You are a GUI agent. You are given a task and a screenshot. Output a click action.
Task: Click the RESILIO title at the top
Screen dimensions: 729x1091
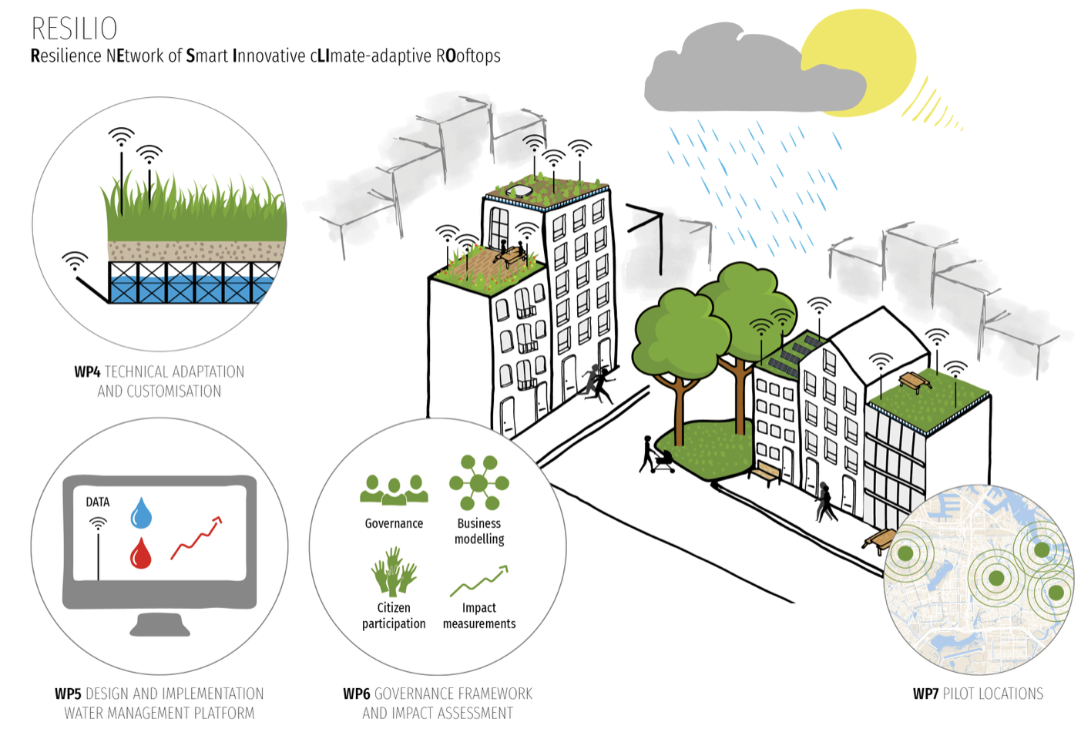pyautogui.click(x=74, y=29)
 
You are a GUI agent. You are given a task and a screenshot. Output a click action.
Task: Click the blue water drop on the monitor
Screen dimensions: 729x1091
pyautogui.click(x=141, y=513)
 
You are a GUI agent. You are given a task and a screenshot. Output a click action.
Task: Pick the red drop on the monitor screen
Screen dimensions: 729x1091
pyautogui.click(x=140, y=553)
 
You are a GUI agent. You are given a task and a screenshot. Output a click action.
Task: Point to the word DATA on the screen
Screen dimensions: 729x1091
pyautogui.click(x=97, y=502)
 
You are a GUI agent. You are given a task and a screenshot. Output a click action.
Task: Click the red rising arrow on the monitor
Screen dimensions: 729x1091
pyautogui.click(x=196, y=538)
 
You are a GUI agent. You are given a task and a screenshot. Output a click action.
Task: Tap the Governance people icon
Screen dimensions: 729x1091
pyautogui.click(x=394, y=490)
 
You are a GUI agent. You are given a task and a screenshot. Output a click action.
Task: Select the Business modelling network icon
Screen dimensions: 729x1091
pyautogui.click(x=478, y=483)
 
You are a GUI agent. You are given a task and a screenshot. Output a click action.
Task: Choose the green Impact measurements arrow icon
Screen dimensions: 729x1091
pyautogui.click(x=478, y=581)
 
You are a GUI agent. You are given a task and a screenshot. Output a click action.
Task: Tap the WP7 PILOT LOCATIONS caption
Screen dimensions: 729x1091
pyautogui.click(x=978, y=694)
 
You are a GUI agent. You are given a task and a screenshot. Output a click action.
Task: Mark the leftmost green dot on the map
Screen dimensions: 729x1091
pyautogui.click(x=905, y=553)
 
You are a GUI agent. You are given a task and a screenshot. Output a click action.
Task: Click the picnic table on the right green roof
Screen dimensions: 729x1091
pyautogui.click(x=913, y=381)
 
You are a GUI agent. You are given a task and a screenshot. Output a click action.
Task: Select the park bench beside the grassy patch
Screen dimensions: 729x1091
pyautogui.click(x=765, y=472)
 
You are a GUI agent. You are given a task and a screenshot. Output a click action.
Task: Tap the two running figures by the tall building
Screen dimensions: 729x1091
pyautogui.click(x=596, y=384)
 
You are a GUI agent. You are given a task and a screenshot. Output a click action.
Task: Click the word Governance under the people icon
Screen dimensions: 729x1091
pyautogui.click(x=394, y=523)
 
